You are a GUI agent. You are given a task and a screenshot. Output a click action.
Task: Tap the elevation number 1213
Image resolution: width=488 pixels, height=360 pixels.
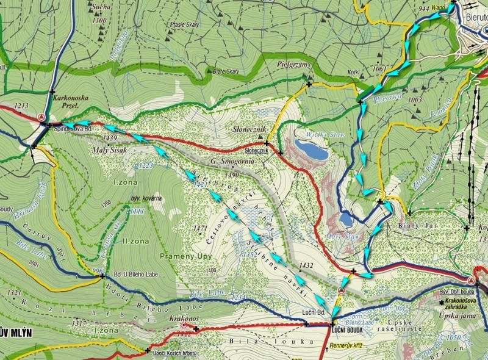point(21,106)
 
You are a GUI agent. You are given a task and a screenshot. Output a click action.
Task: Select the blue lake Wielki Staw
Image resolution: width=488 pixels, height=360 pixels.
point(310,149)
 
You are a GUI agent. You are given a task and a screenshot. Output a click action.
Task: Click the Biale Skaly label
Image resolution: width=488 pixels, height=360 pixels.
point(226,71)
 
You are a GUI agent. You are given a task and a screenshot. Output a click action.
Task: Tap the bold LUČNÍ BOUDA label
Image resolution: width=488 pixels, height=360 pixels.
point(348,330)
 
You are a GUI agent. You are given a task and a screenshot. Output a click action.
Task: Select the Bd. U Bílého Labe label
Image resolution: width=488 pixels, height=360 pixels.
point(135,275)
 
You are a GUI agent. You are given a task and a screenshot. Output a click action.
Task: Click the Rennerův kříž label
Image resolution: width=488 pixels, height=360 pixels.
point(346,345)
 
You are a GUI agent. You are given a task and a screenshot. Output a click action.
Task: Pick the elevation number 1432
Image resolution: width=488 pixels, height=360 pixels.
point(306,265)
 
